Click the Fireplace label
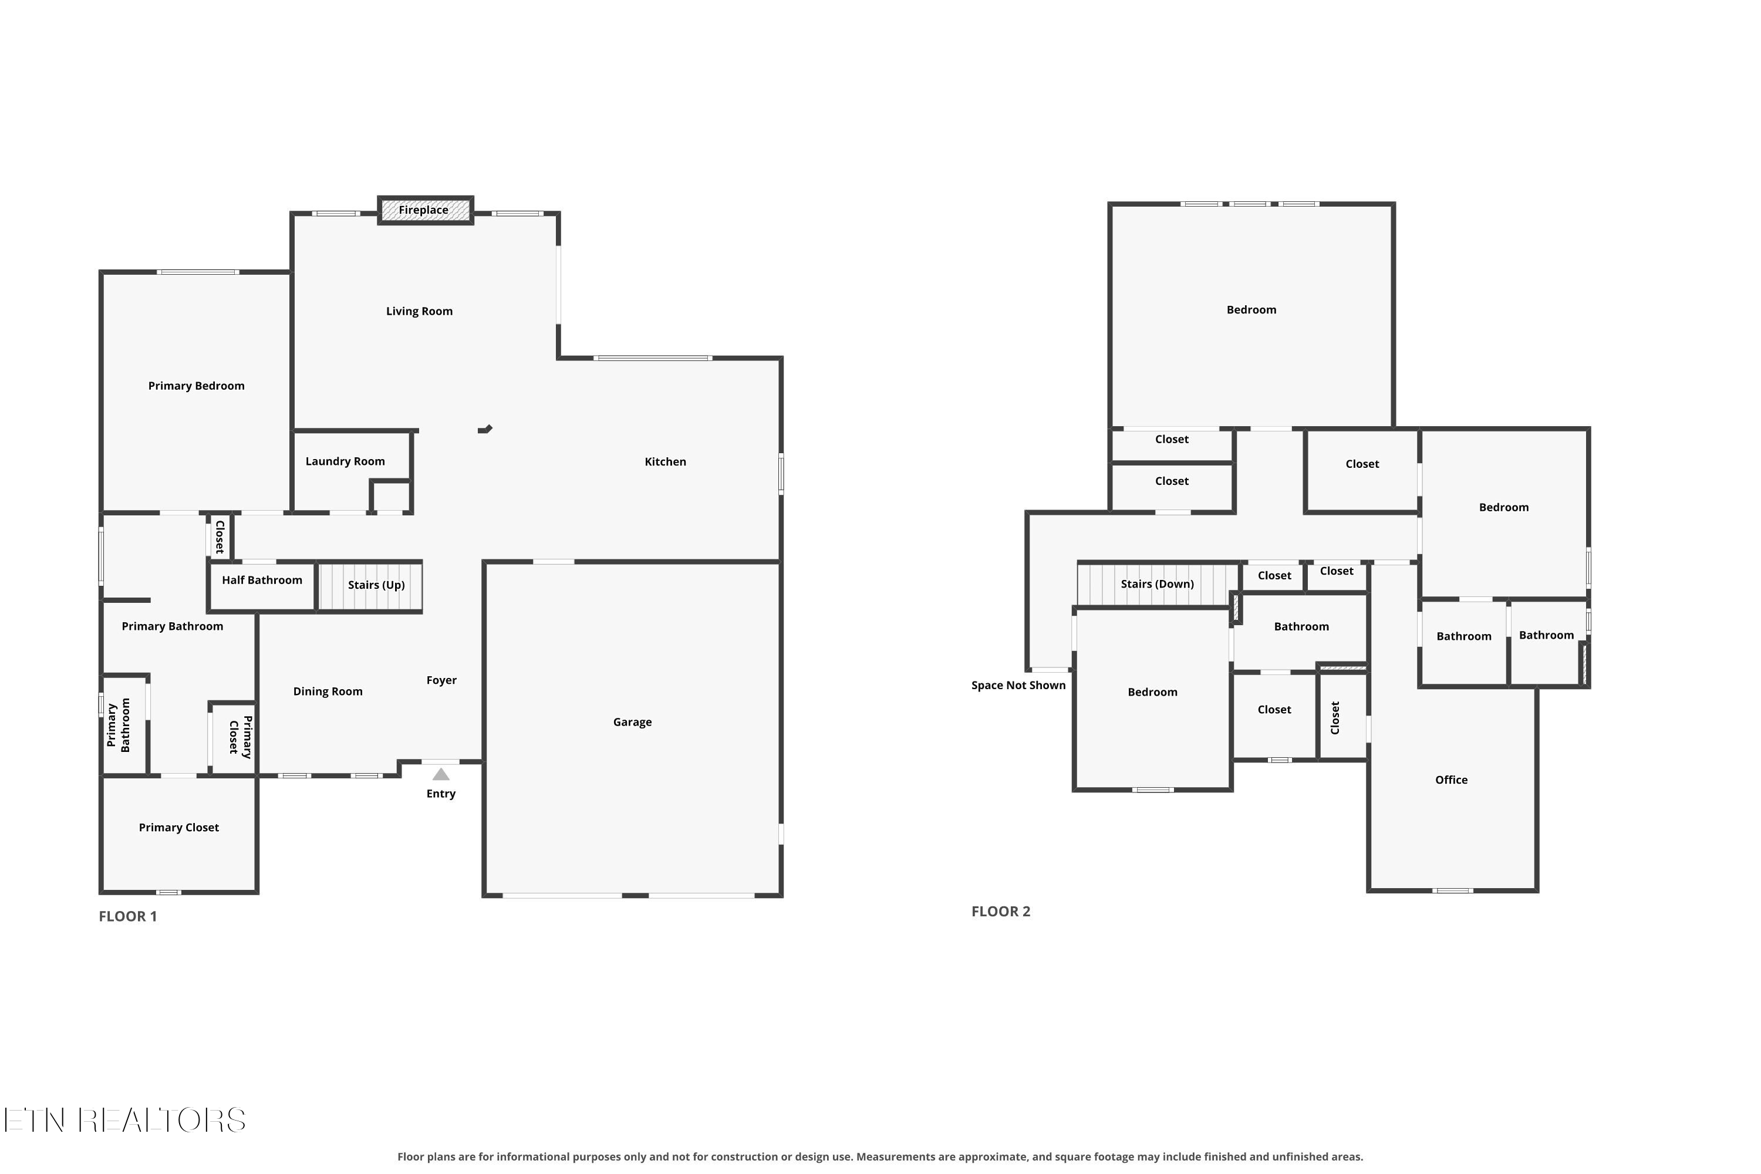coord(423,210)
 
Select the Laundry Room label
coord(345,461)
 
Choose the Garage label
coord(633,723)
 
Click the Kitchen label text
coord(666,462)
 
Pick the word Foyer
coord(442,680)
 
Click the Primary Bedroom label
coord(196,386)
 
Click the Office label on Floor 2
coord(1451,780)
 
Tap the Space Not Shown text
coord(1018,686)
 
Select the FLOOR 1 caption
coord(128,916)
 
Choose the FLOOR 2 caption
coord(1001,911)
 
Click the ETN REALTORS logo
coord(125,1120)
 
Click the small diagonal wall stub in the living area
coord(485,429)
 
